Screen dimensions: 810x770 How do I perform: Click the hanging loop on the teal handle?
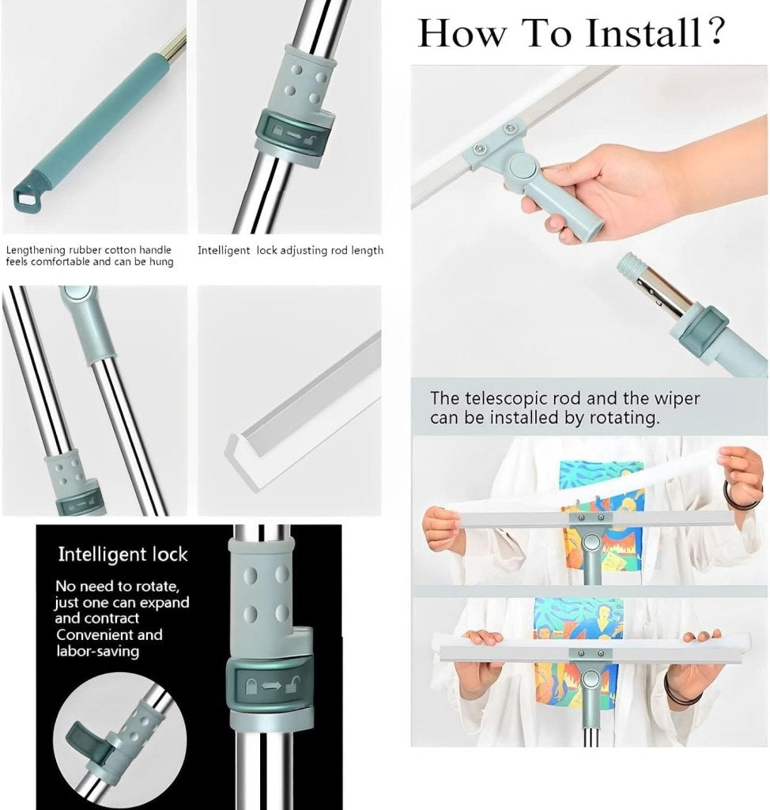pos(27,192)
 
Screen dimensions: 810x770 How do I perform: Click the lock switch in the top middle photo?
pos(291,129)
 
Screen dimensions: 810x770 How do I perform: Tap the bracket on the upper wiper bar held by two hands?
pos(589,519)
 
